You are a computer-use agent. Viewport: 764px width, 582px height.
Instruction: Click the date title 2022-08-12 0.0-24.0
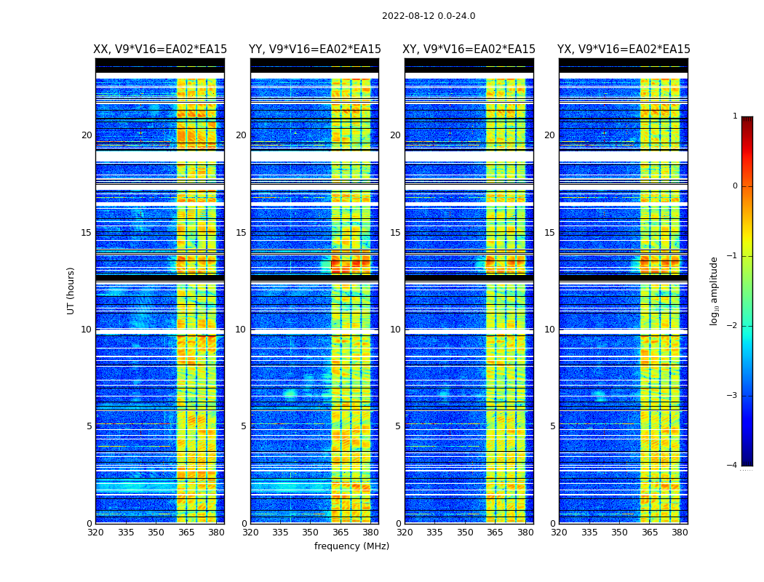[429, 16]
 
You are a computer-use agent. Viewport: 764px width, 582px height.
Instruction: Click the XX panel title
[160, 49]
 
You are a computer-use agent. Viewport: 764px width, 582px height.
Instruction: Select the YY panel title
[315, 49]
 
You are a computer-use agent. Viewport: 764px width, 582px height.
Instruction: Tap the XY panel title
[469, 49]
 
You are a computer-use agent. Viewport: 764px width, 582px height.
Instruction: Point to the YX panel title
[624, 49]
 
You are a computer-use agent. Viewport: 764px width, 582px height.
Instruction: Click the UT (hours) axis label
[71, 290]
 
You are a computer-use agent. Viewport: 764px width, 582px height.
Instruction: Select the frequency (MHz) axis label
[351, 546]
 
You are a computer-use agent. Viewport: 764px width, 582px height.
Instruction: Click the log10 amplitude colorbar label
[715, 290]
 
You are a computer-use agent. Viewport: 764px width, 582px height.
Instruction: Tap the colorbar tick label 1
[735, 116]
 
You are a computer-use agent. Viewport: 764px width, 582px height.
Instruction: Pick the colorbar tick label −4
[733, 466]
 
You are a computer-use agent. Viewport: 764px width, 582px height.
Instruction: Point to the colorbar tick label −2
[733, 326]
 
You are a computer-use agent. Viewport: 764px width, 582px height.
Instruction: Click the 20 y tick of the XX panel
[87, 135]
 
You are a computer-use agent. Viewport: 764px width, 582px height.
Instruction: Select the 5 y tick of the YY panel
[244, 426]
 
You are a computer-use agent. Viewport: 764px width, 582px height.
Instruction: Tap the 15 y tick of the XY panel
[395, 233]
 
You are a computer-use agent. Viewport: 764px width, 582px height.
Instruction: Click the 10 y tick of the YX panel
[549, 330]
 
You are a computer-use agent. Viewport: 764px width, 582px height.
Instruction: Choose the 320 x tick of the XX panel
[95, 533]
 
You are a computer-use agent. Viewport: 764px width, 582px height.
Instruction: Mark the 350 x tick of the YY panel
[311, 533]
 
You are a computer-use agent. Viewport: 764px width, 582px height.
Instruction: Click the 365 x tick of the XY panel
[495, 533]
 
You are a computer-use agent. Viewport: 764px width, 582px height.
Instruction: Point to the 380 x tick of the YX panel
[680, 533]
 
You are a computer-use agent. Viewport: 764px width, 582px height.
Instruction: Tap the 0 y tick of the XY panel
[398, 524]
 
